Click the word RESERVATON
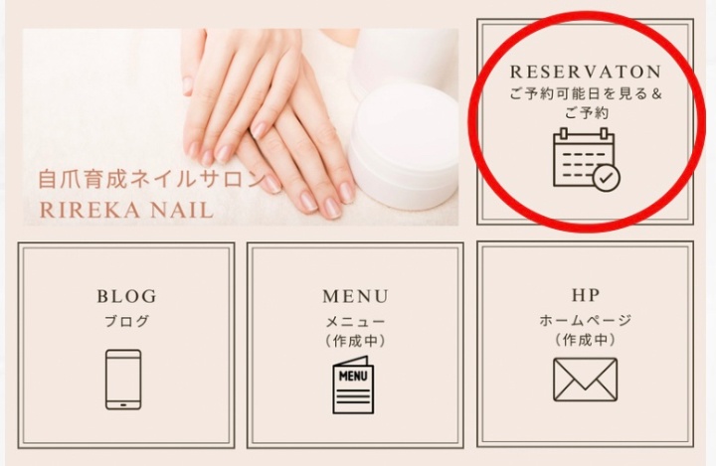[x=586, y=72]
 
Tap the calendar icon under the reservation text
[x=587, y=159]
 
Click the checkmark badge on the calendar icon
[x=607, y=177]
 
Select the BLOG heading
[x=126, y=296]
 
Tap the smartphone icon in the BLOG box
[x=123, y=380]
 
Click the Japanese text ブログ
[x=126, y=321]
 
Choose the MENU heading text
[x=355, y=296]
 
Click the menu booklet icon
[x=353, y=385]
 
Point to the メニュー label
[x=355, y=322]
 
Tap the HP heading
[x=586, y=295]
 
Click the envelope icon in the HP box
[x=586, y=380]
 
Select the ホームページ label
[x=586, y=320]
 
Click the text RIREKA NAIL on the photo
[x=126, y=211]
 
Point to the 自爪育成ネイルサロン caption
[x=152, y=179]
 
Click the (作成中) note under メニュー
[x=355, y=341]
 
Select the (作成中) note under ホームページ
[x=586, y=340]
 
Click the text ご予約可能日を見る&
[x=586, y=94]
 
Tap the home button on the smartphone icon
[x=123, y=404]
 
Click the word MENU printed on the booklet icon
[x=353, y=377]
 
